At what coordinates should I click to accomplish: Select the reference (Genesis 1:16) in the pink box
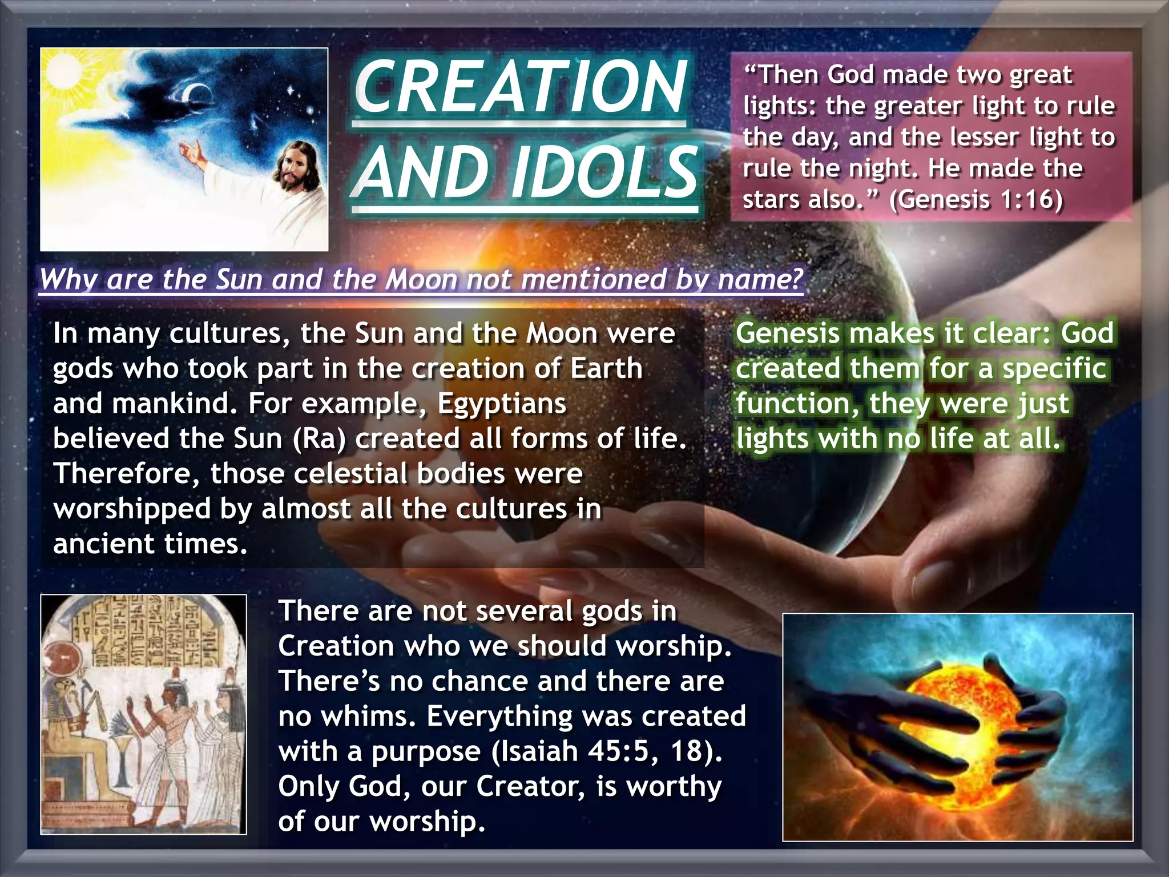click(x=976, y=199)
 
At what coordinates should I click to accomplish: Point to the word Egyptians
click(x=502, y=404)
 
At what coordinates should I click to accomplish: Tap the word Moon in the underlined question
click(x=421, y=280)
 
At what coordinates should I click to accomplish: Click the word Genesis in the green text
click(x=787, y=333)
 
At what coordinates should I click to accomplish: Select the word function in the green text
click(x=797, y=404)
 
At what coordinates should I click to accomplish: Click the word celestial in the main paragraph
click(x=350, y=474)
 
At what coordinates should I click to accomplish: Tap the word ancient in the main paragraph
click(x=96, y=544)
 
